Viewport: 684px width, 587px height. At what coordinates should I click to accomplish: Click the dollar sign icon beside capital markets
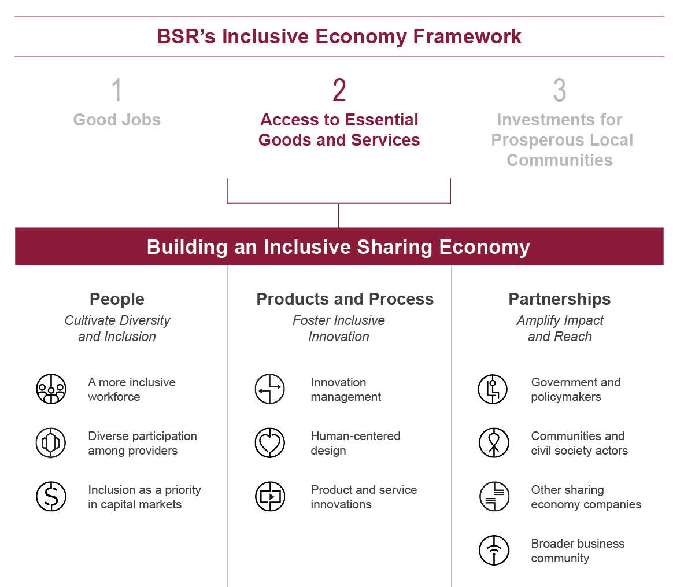coord(51,496)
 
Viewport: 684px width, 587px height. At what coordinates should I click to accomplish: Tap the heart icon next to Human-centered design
coord(269,442)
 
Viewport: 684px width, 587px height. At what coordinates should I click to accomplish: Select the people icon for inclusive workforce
coord(51,389)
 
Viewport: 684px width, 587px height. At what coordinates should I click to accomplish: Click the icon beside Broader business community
coord(494,550)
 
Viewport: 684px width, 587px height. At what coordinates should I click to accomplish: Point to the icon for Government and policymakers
coord(493,389)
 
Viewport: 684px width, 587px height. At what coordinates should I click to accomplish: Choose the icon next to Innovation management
coord(269,389)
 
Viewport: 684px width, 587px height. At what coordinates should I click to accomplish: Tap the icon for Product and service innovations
coord(270,496)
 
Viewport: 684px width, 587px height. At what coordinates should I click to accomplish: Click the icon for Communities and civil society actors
coord(494,442)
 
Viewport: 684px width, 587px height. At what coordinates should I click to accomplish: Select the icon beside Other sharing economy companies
coord(494,496)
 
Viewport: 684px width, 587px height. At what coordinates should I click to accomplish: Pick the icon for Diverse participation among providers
coord(51,442)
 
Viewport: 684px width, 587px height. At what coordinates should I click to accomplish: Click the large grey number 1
coord(116,90)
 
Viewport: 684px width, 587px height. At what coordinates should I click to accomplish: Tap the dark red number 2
coord(339,90)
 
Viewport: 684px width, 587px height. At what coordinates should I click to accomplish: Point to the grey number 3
coord(560,90)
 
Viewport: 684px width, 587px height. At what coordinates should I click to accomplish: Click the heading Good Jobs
coord(117,120)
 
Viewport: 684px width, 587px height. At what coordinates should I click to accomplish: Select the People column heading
coord(117,299)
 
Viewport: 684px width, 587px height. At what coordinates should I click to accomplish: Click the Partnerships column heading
coord(560,299)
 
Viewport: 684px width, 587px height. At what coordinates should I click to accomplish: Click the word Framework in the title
coord(467,36)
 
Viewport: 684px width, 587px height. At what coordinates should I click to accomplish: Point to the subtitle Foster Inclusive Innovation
coord(339,328)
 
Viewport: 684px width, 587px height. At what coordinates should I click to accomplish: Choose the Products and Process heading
coord(345,299)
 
